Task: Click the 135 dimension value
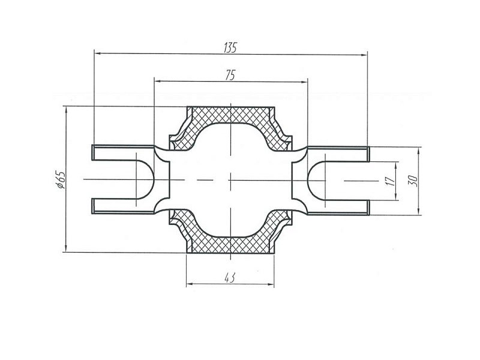(230, 48)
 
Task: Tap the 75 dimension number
(230, 76)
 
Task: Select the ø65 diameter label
(61, 179)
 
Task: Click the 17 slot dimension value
(391, 181)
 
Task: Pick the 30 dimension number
(413, 181)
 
